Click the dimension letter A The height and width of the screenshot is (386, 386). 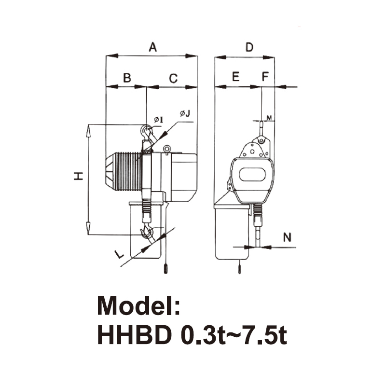pyautogui.click(x=153, y=47)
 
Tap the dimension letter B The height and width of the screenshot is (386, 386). pyautogui.click(x=126, y=78)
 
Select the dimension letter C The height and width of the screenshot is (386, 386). pyautogui.click(x=173, y=78)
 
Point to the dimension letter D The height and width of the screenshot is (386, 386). pyautogui.click(x=249, y=47)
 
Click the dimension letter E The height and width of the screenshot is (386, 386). pyautogui.click(x=235, y=77)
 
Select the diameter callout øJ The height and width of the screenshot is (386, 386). pyautogui.click(x=185, y=114)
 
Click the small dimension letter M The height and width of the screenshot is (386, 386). pyautogui.click(x=269, y=118)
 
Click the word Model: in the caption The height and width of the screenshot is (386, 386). pyautogui.click(x=139, y=305)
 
